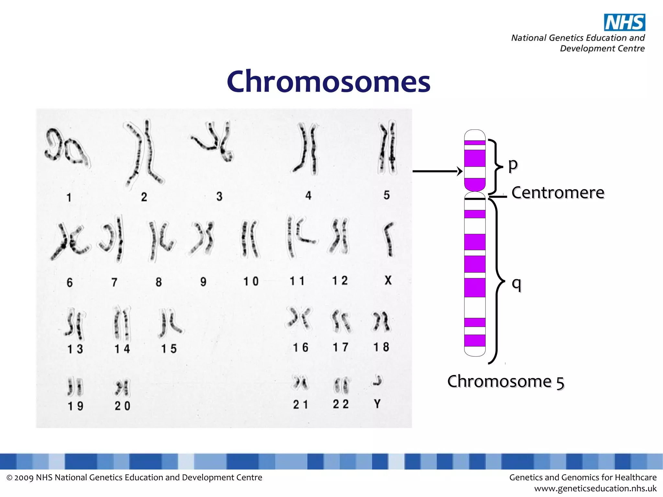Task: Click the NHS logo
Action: [x=624, y=22]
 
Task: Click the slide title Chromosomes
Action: [x=328, y=81]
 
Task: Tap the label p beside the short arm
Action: [x=513, y=164]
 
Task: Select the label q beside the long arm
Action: [x=516, y=284]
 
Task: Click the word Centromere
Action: [x=558, y=193]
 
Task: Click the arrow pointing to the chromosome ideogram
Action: [x=437, y=171]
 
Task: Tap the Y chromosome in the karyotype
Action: [x=377, y=381]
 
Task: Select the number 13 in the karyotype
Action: [x=75, y=349]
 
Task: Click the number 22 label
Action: [x=341, y=404]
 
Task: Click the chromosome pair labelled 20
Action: [x=122, y=388]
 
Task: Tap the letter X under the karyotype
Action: [x=388, y=280]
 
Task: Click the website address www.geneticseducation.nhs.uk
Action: [x=595, y=488]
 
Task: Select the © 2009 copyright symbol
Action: [x=9, y=478]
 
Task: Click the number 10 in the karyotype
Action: [x=251, y=281]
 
